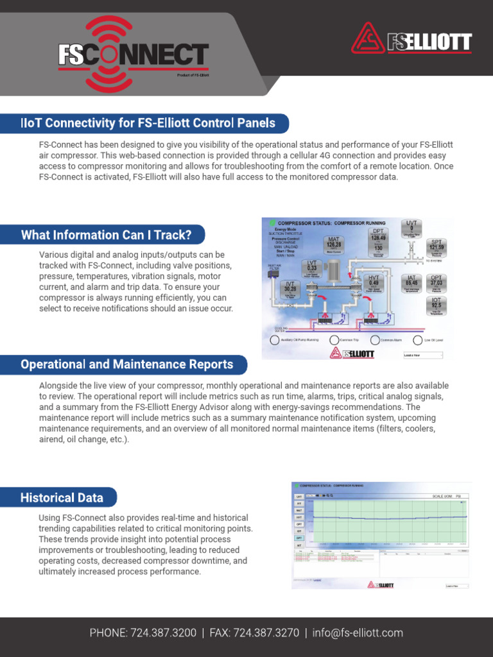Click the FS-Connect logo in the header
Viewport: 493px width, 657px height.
[x=134, y=55]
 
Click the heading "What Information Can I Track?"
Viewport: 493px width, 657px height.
[x=107, y=235]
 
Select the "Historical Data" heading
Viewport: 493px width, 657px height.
[x=62, y=497]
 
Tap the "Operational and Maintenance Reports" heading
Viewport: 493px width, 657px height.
[x=127, y=364]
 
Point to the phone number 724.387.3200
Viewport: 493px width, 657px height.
[x=163, y=633]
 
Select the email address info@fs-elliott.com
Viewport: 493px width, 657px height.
[x=358, y=633]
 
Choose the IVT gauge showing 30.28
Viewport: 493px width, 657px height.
[x=290, y=289]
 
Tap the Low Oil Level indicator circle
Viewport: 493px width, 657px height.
[x=418, y=340]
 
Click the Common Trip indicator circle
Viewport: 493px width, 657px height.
[x=334, y=340]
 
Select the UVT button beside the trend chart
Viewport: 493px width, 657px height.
[x=298, y=497]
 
